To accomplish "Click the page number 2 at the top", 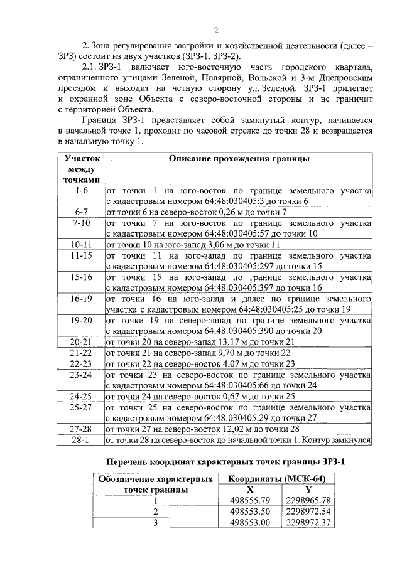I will click(215, 30).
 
